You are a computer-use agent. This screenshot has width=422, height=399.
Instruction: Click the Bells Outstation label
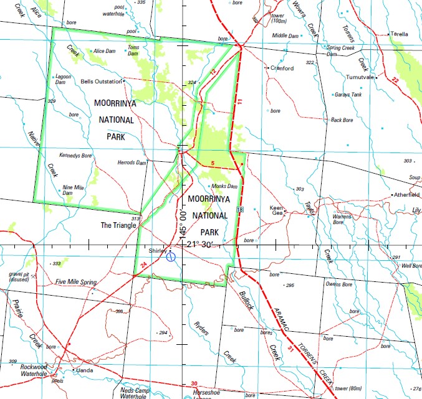(x=102, y=82)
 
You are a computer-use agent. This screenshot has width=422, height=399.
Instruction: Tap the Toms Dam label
(x=133, y=50)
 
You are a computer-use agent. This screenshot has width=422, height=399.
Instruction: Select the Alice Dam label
(x=105, y=51)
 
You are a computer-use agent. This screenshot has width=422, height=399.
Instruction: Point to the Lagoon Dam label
(x=64, y=80)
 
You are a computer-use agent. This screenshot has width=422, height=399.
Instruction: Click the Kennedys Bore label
(x=75, y=155)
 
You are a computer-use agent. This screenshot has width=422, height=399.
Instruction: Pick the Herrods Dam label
(x=132, y=162)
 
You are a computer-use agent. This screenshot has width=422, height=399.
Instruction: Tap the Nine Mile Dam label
(x=73, y=190)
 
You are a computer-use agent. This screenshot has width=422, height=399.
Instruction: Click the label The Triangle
(x=118, y=225)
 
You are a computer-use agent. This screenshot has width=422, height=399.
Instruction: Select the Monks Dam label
(x=224, y=186)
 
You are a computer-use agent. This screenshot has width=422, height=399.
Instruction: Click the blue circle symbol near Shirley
(x=171, y=256)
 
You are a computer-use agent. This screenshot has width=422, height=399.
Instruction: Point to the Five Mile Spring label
(x=75, y=282)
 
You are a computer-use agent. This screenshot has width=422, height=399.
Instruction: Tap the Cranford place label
(x=282, y=68)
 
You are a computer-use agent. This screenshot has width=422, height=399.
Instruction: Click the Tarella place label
(x=399, y=35)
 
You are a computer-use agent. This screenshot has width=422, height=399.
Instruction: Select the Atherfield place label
(x=406, y=195)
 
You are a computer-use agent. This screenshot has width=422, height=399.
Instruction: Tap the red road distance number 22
(x=395, y=80)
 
